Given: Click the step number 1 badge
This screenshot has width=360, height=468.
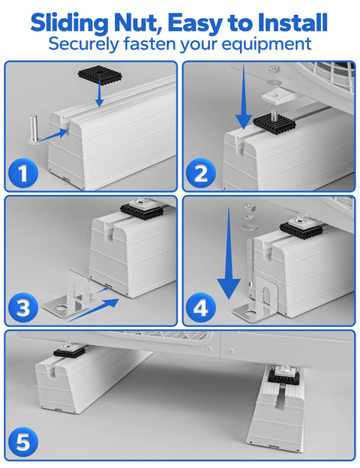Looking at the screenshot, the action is [x=23, y=173].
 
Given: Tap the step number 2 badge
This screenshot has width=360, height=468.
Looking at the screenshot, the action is [x=200, y=173].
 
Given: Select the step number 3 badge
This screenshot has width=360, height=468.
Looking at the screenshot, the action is [x=23, y=307].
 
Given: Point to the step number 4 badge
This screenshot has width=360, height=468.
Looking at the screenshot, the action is [x=200, y=307].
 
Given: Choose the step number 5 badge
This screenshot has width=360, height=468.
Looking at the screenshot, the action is [x=23, y=442].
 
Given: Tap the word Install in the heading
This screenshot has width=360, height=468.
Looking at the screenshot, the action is [x=292, y=22].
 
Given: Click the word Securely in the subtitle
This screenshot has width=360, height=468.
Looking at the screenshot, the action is [x=83, y=44].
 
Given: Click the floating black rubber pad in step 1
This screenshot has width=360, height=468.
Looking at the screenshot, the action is [x=100, y=75].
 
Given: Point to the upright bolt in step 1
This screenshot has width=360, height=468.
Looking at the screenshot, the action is [x=34, y=129].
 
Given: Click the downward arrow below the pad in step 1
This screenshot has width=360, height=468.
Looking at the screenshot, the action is [x=100, y=94].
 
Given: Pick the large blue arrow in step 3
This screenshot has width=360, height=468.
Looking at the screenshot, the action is [x=94, y=310].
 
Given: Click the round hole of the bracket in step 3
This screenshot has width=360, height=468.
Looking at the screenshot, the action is [x=61, y=307].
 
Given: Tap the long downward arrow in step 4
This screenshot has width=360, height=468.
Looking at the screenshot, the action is [x=229, y=253].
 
